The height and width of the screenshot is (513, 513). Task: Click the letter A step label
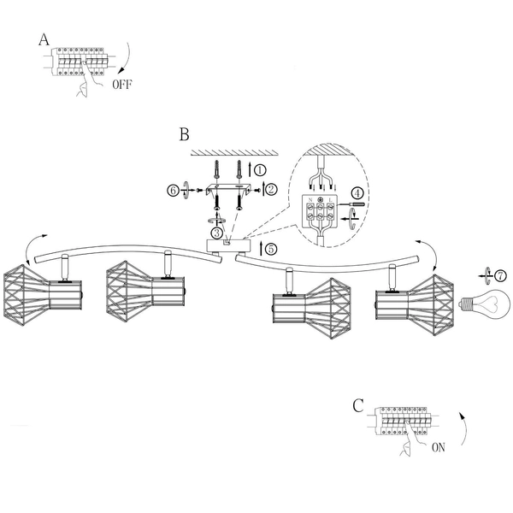click(44, 39)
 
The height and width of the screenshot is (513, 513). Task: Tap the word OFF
click(122, 85)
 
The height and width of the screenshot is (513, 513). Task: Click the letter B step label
click(184, 134)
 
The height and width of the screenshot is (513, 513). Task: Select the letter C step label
click(358, 405)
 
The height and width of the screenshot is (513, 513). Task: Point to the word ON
click(439, 447)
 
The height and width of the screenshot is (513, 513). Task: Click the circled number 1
click(260, 170)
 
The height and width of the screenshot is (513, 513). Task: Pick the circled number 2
click(271, 190)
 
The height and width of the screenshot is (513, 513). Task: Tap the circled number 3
click(216, 233)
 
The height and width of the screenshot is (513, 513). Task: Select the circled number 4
click(357, 193)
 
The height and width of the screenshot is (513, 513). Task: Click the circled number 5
click(270, 249)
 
